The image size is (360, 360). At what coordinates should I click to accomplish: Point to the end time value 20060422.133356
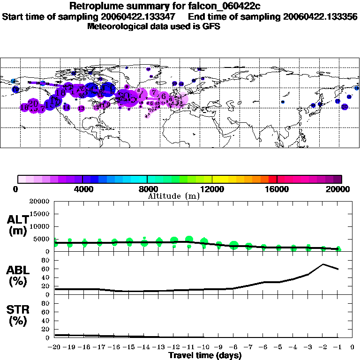coord(320,16)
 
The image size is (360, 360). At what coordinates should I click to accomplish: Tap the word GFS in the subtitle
coord(211,26)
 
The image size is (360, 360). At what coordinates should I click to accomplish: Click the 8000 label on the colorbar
coord(147,189)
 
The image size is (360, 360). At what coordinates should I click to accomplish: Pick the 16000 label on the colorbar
coord(277,189)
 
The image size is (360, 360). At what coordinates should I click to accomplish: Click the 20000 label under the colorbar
coord(339,189)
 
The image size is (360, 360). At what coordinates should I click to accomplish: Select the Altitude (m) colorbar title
coord(173,196)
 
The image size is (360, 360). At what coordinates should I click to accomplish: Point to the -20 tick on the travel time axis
coord(54,347)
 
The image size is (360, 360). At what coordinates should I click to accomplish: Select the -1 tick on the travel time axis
coord(338,347)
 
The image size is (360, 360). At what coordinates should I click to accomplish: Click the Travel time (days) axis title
coord(205,356)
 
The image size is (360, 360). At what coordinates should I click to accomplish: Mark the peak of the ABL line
coord(323,264)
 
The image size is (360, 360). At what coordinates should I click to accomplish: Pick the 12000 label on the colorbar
coord(212,189)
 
